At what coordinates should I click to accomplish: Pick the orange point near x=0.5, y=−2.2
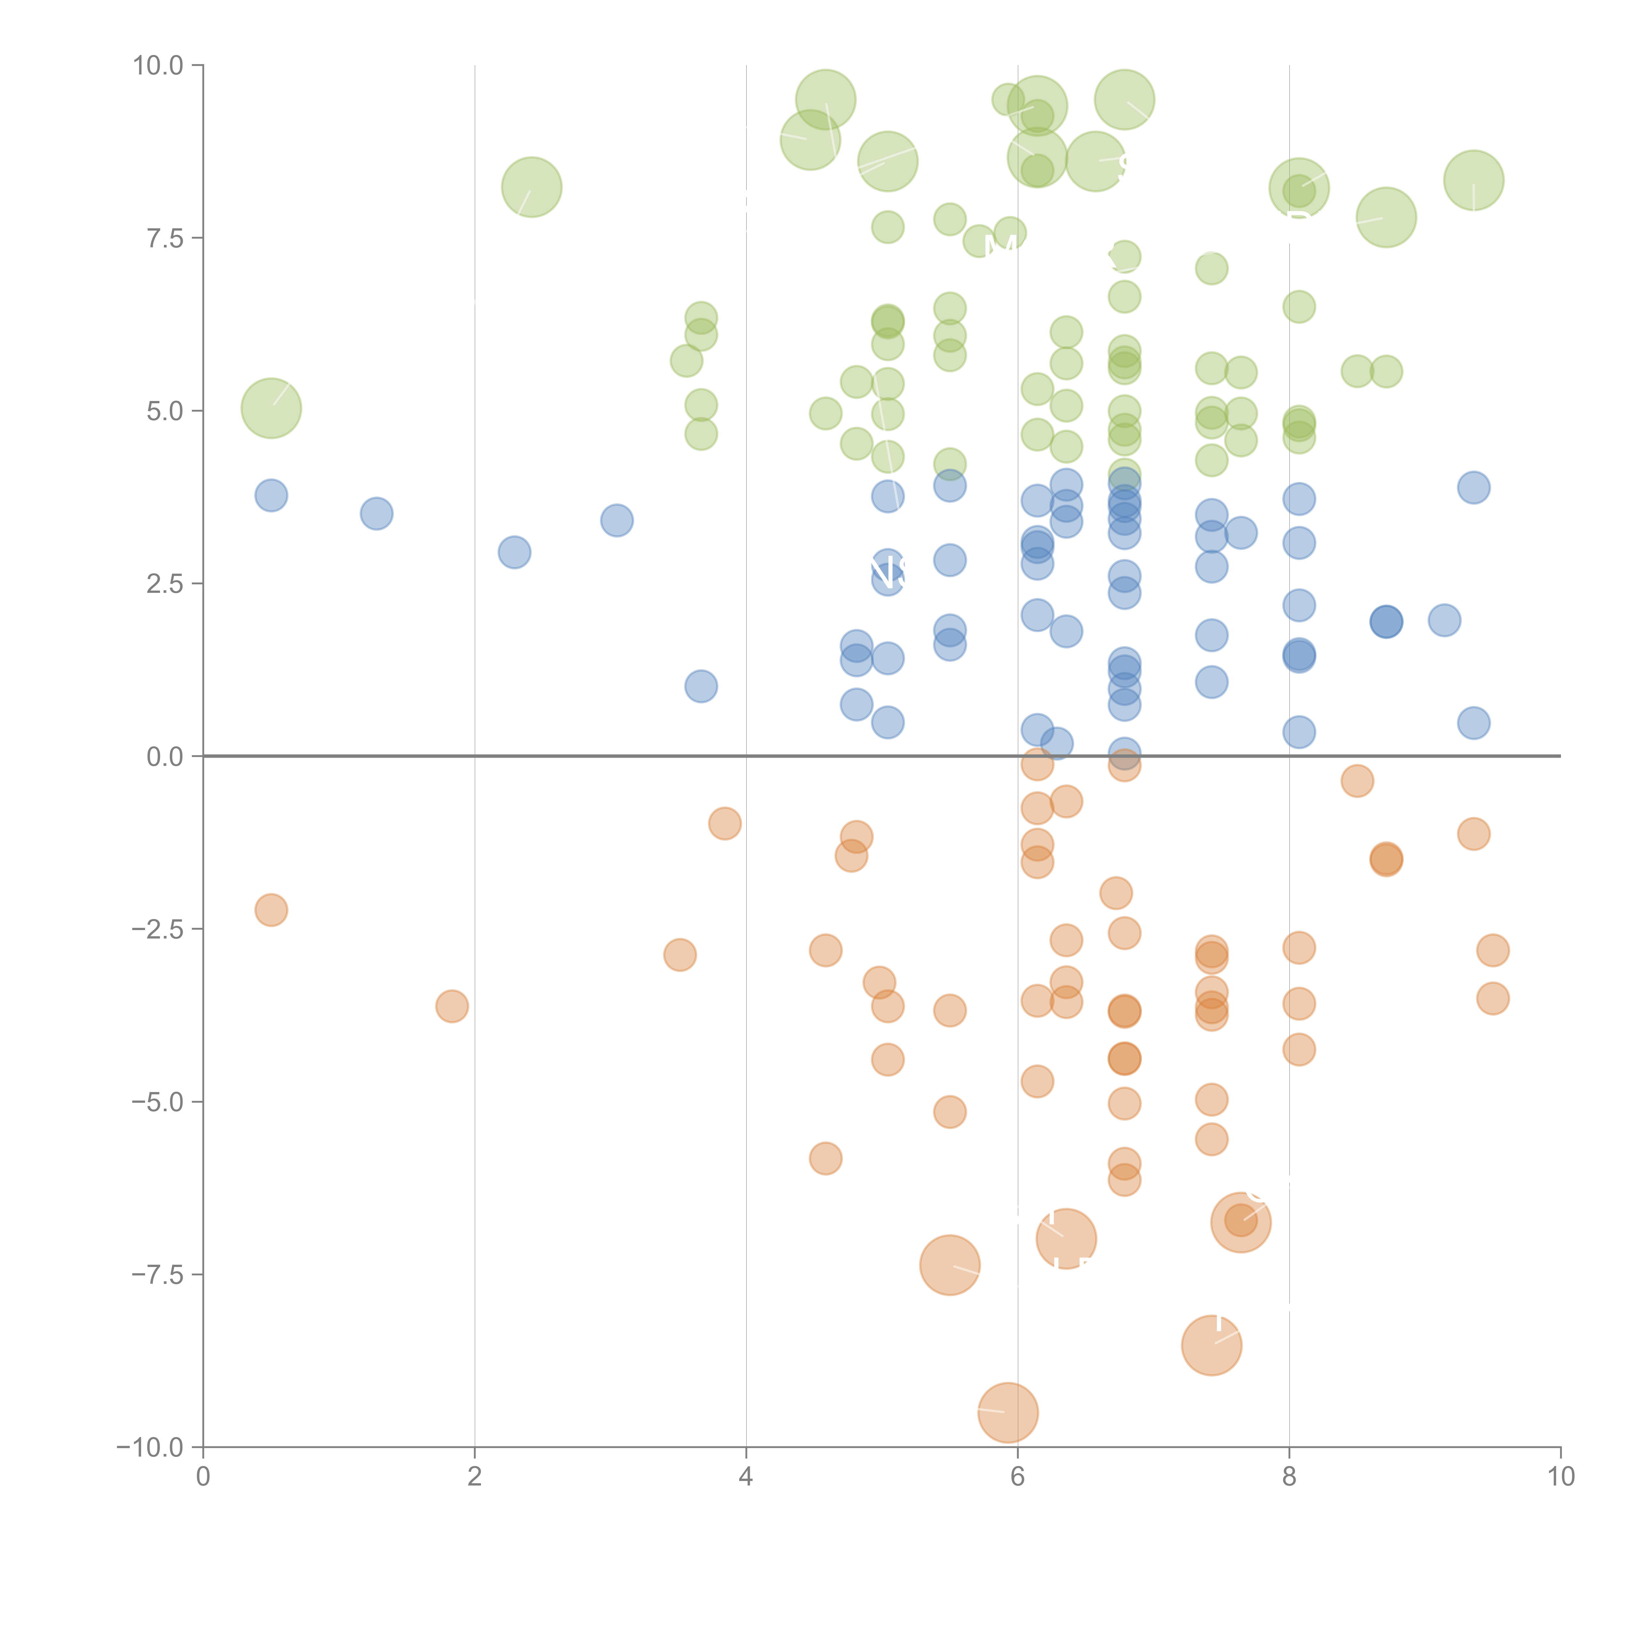tap(271, 910)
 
